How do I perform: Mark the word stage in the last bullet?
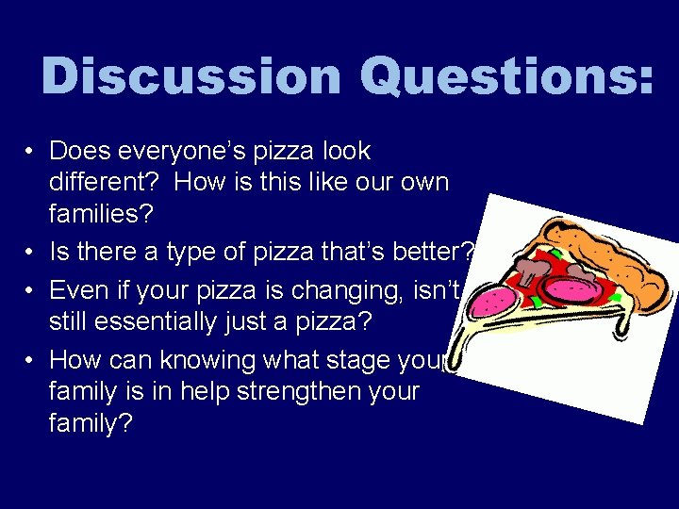(x=369, y=361)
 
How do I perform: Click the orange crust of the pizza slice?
(x=604, y=250)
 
